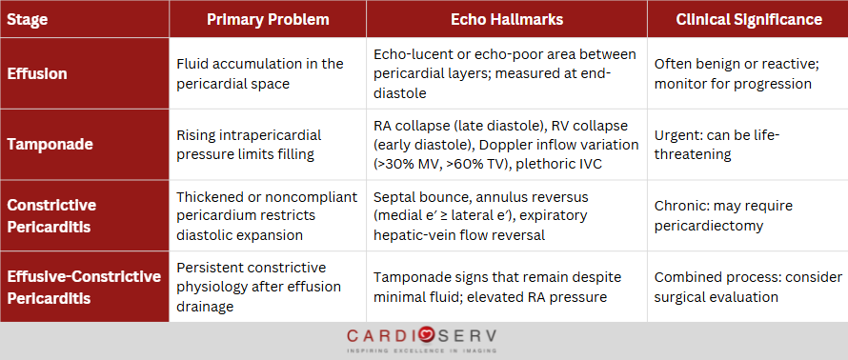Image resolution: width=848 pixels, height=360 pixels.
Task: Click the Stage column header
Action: pyautogui.click(x=27, y=20)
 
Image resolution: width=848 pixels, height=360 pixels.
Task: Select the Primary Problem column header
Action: pyautogui.click(x=268, y=19)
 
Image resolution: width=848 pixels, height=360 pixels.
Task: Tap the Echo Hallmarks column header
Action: pyautogui.click(x=507, y=19)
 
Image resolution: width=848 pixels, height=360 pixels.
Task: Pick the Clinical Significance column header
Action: pyautogui.click(x=749, y=19)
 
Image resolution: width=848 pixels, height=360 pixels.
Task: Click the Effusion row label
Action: pyautogui.click(x=37, y=73)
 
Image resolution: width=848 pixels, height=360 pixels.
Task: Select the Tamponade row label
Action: pyautogui.click(x=50, y=145)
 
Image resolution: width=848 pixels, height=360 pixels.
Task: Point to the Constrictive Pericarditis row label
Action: pyautogui.click(x=51, y=215)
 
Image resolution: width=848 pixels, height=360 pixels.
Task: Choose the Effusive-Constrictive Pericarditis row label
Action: pyautogui.click(x=84, y=287)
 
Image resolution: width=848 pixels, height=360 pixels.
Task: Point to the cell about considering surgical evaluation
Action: pyautogui.click(x=748, y=287)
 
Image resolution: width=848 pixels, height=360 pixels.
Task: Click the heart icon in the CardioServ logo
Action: pyautogui.click(x=426, y=336)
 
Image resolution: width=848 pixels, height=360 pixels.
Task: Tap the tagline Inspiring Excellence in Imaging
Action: pyautogui.click(x=422, y=350)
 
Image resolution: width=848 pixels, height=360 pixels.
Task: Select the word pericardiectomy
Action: pyautogui.click(x=709, y=225)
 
